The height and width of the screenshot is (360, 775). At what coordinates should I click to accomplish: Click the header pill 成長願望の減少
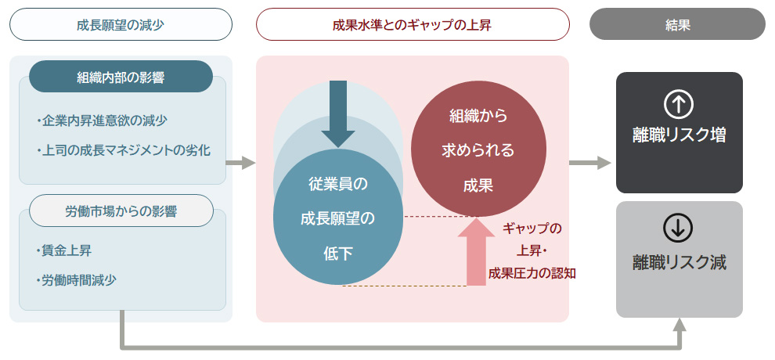tap(121, 24)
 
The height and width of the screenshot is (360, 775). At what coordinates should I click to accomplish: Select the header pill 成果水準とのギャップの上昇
tap(412, 24)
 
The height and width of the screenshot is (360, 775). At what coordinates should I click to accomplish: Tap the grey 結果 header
tap(676, 24)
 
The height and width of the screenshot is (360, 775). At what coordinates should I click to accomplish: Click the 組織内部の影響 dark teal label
tap(121, 77)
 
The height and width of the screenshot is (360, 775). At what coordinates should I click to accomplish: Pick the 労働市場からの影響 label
tap(121, 211)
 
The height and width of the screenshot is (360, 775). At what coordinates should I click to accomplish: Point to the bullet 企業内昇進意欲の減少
tap(102, 121)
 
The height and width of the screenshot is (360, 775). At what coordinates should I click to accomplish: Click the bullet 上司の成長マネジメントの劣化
tap(123, 149)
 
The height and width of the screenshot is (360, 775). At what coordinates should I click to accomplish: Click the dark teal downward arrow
tap(338, 113)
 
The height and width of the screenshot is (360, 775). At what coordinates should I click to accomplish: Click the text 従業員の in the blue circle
tap(338, 185)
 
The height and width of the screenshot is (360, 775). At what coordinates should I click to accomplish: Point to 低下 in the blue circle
tap(338, 253)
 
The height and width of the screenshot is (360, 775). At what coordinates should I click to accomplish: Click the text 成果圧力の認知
tap(532, 272)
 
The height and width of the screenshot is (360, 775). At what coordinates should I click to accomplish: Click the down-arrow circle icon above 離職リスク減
tap(679, 227)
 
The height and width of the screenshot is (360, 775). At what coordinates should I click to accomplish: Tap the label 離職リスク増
tap(679, 135)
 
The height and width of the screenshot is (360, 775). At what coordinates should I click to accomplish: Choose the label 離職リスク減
tap(679, 261)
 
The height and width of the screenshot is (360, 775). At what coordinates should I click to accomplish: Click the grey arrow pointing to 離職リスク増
tap(589, 163)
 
